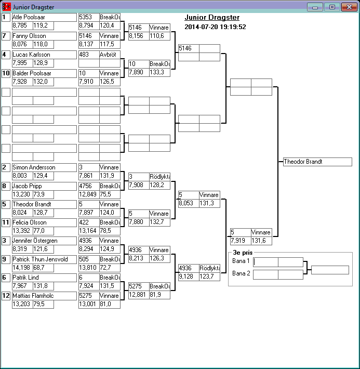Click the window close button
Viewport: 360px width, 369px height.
(348, 7)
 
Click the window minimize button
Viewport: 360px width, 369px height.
(315, 7)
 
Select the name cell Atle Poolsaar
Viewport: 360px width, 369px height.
(44, 17)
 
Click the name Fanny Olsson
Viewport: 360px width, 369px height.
(44, 36)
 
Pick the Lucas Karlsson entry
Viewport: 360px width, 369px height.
(44, 55)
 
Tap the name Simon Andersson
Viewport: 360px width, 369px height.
(44, 167)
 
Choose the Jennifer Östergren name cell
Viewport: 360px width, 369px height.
(44, 241)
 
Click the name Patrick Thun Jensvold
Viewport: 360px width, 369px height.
(44, 259)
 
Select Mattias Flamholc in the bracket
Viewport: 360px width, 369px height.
(44, 296)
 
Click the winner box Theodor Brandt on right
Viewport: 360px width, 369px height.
(317, 162)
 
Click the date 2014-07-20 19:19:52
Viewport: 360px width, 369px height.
(215, 27)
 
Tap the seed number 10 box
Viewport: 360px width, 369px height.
(6, 73)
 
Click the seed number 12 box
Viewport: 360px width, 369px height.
(6, 296)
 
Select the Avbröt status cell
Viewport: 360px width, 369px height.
(110, 55)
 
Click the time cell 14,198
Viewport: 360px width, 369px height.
(22, 267)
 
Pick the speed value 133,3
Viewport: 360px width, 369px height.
(159, 72)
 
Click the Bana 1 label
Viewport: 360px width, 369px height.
(241, 261)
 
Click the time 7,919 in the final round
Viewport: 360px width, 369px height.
(241, 241)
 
